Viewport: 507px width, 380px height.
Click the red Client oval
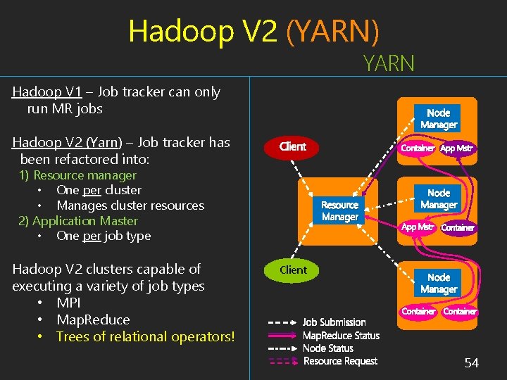pos(292,146)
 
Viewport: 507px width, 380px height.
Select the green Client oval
pos(293,270)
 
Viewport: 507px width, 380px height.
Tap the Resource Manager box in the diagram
pos(339,211)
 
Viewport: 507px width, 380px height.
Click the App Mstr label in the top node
pos(457,148)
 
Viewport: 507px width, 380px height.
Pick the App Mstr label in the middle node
pos(418,227)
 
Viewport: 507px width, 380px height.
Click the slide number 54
pos(471,363)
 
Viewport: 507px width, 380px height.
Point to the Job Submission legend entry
pos(334,322)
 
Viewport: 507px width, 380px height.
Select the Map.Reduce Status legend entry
pos(341,336)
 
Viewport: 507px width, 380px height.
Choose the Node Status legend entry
pos(328,348)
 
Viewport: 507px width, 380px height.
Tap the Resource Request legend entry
pos(340,361)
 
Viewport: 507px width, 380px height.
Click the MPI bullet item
pos(68,303)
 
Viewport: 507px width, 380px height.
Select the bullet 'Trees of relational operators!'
pos(145,336)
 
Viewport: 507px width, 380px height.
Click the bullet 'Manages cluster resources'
pos(130,205)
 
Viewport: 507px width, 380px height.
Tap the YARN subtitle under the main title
pos(389,64)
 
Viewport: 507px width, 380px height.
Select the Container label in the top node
pos(418,148)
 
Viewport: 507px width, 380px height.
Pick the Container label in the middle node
pos(458,227)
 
